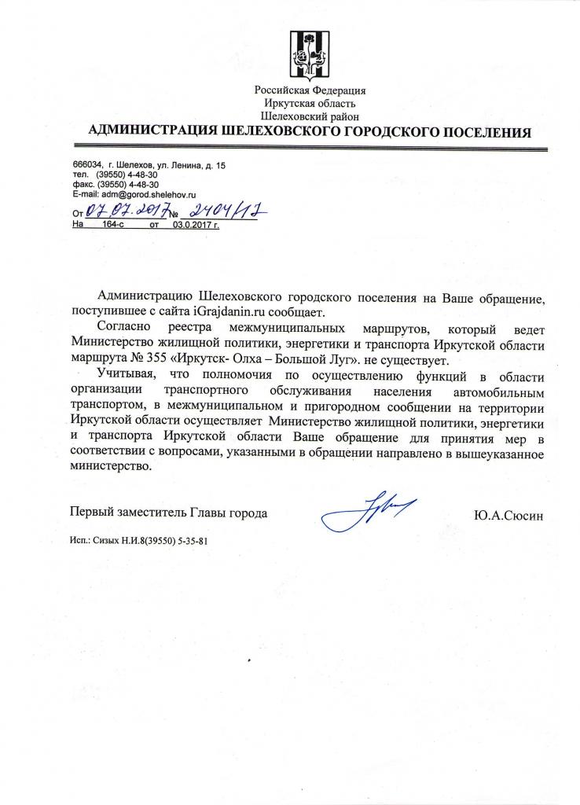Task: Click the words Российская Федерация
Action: click(310, 90)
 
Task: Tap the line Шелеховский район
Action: click(310, 115)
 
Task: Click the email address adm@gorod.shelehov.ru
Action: click(145, 193)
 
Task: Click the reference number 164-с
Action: click(114, 224)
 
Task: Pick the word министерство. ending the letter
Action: click(109, 465)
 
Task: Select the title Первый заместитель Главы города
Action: click(169, 513)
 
